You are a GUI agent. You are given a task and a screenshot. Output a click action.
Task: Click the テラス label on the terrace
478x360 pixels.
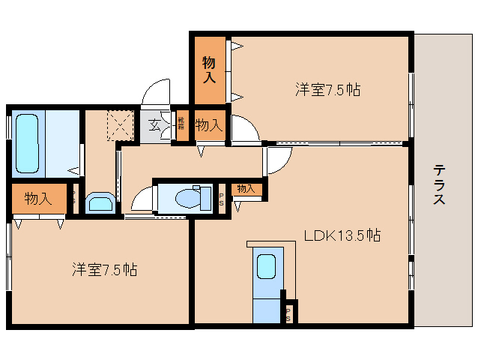coord(440,185)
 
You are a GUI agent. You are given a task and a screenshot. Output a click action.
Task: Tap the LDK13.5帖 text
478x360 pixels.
coord(342,235)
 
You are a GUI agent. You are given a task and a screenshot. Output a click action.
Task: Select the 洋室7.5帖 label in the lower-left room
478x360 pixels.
coord(104,268)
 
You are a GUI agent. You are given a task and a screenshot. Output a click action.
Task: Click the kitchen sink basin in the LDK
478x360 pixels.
coord(266,268)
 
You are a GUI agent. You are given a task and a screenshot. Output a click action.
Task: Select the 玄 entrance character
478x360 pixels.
coord(154,125)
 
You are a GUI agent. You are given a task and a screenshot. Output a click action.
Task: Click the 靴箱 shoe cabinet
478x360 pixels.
coord(181,125)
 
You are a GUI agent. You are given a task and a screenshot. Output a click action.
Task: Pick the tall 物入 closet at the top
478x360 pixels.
coord(209,70)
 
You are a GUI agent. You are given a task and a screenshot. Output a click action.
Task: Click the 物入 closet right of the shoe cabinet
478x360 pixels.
coord(208,125)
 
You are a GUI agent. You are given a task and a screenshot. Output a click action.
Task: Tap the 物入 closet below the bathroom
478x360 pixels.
coord(37,199)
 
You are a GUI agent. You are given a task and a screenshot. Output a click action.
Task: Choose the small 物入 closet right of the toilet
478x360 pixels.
coord(246,189)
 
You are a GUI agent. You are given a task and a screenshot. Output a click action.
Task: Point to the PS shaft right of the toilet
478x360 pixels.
coord(222,199)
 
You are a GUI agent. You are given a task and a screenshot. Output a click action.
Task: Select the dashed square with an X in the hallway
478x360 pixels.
coord(119,125)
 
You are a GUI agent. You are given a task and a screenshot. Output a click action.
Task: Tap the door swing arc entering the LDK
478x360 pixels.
coord(279,160)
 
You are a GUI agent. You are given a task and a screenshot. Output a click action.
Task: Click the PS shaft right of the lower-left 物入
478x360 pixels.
coord(73,199)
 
